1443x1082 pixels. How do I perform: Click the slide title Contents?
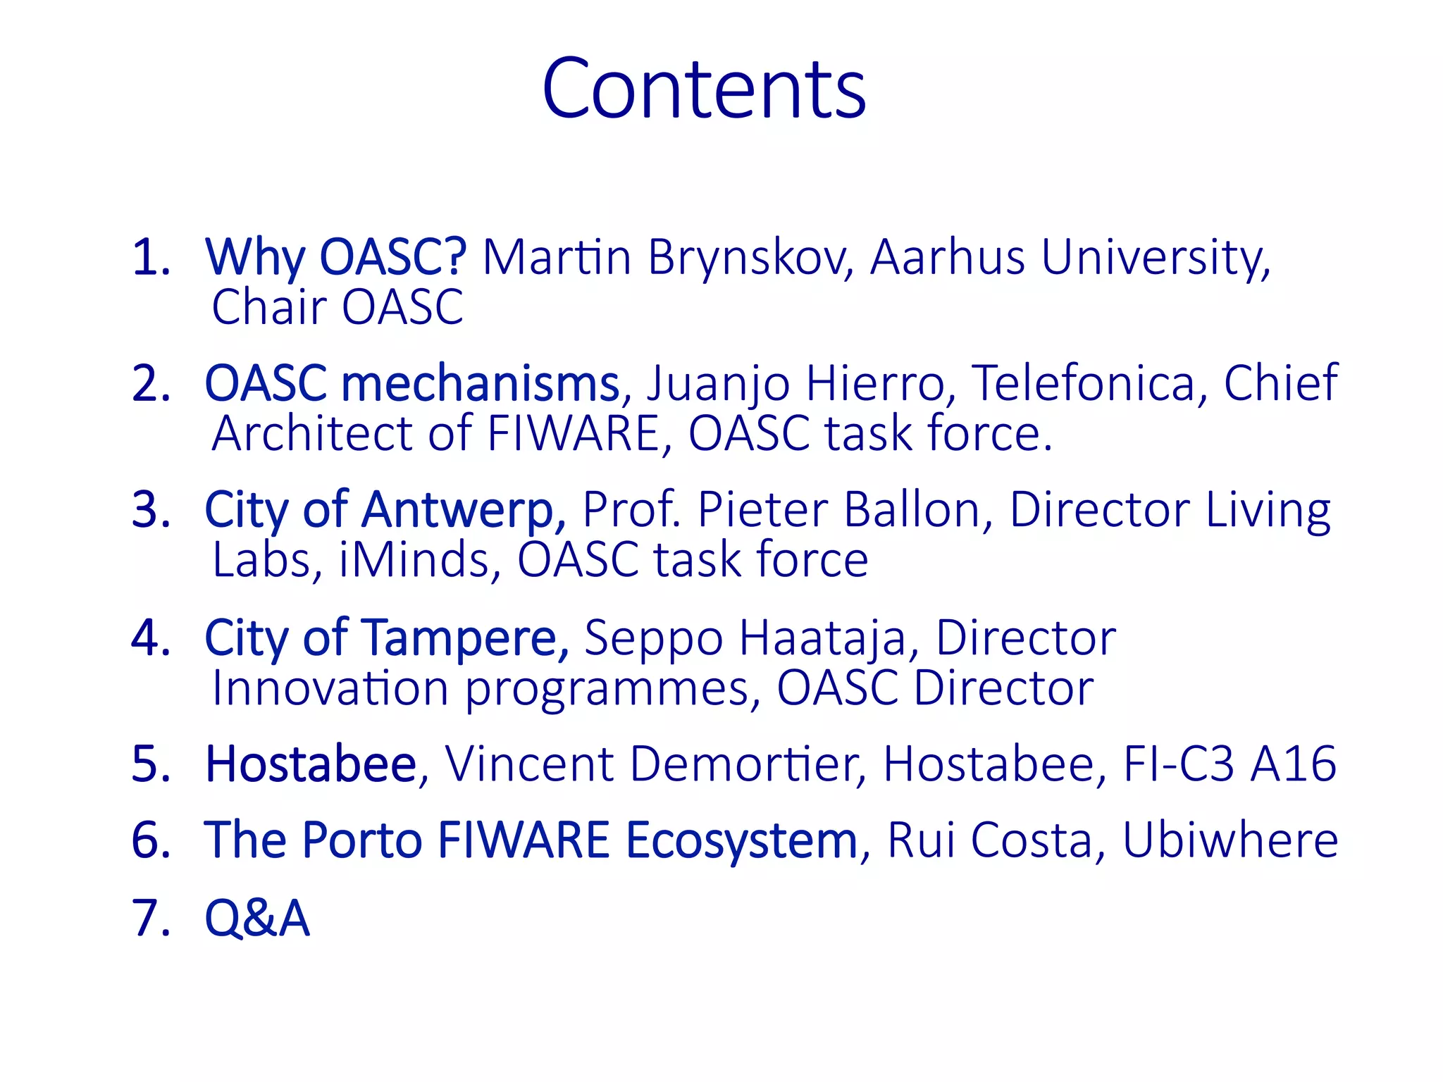click(704, 89)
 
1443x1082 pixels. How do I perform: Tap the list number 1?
click(151, 257)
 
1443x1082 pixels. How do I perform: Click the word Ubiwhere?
click(1230, 840)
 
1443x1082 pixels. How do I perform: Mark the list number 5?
click(151, 764)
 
